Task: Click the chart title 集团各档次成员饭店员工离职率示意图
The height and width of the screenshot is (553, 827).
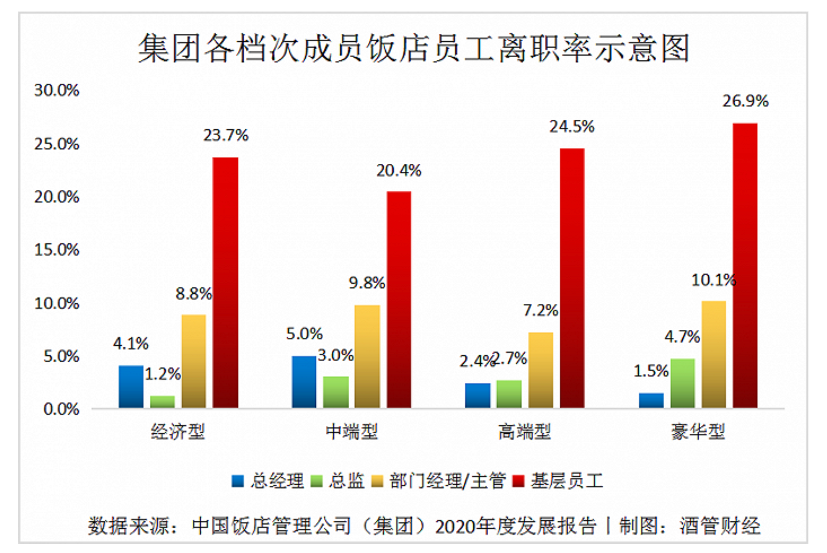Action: coord(413,48)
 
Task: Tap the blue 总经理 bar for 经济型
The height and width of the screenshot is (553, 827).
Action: coord(131,387)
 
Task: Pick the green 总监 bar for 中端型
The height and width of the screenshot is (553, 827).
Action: coord(336,392)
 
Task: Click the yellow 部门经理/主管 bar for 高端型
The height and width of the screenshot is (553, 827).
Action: coord(541,370)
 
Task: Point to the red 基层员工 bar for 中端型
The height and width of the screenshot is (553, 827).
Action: coord(399,299)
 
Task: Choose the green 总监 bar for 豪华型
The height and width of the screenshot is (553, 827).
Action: coord(682,383)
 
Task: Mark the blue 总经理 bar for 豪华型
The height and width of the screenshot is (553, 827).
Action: coord(651,400)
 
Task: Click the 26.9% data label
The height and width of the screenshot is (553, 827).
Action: coord(745,101)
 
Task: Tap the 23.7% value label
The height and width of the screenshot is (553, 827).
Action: coord(226,135)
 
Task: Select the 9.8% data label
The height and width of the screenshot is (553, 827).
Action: coord(367,283)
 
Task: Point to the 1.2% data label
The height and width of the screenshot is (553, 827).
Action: coord(162,374)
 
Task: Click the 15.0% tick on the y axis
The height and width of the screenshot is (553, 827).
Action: coord(57,250)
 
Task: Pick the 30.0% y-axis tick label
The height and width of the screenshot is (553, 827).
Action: coord(57,90)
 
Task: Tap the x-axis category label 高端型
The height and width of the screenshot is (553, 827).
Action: coord(524,432)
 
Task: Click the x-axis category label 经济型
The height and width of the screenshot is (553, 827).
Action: coord(178,432)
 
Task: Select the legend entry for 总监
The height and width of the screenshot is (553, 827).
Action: coord(338,481)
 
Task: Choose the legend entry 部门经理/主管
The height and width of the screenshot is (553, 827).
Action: coord(439,481)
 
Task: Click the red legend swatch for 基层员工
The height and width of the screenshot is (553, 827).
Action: coord(519,481)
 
